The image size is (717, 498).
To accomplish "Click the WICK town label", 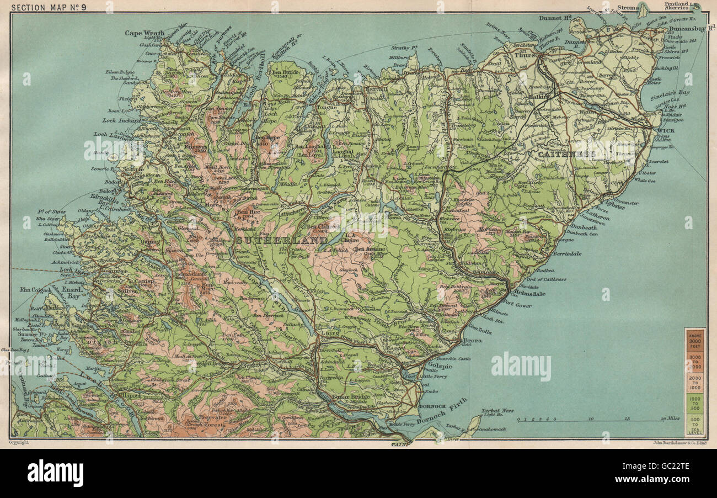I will point(666,131).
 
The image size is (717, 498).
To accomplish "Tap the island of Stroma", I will point(643,8).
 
